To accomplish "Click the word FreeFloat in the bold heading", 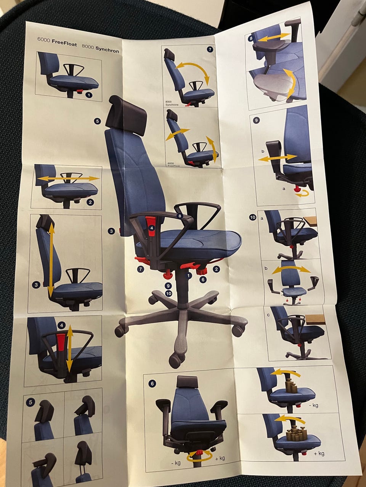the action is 64,43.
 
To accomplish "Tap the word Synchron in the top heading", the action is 107,49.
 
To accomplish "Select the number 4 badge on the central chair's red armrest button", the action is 152,228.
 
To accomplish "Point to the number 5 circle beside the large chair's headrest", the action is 97,121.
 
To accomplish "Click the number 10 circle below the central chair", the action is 169,293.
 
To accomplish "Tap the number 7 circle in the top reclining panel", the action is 210,49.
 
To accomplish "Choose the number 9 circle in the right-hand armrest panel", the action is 256,120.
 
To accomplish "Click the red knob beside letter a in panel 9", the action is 297,189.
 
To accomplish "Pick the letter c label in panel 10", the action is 268,315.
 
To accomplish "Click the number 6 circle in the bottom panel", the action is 152,384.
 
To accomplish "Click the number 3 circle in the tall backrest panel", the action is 36,285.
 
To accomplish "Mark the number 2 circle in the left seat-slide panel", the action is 90,202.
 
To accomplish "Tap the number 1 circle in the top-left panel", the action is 89,95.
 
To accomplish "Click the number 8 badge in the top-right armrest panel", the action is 251,38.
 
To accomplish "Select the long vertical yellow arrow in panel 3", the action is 51,260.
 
